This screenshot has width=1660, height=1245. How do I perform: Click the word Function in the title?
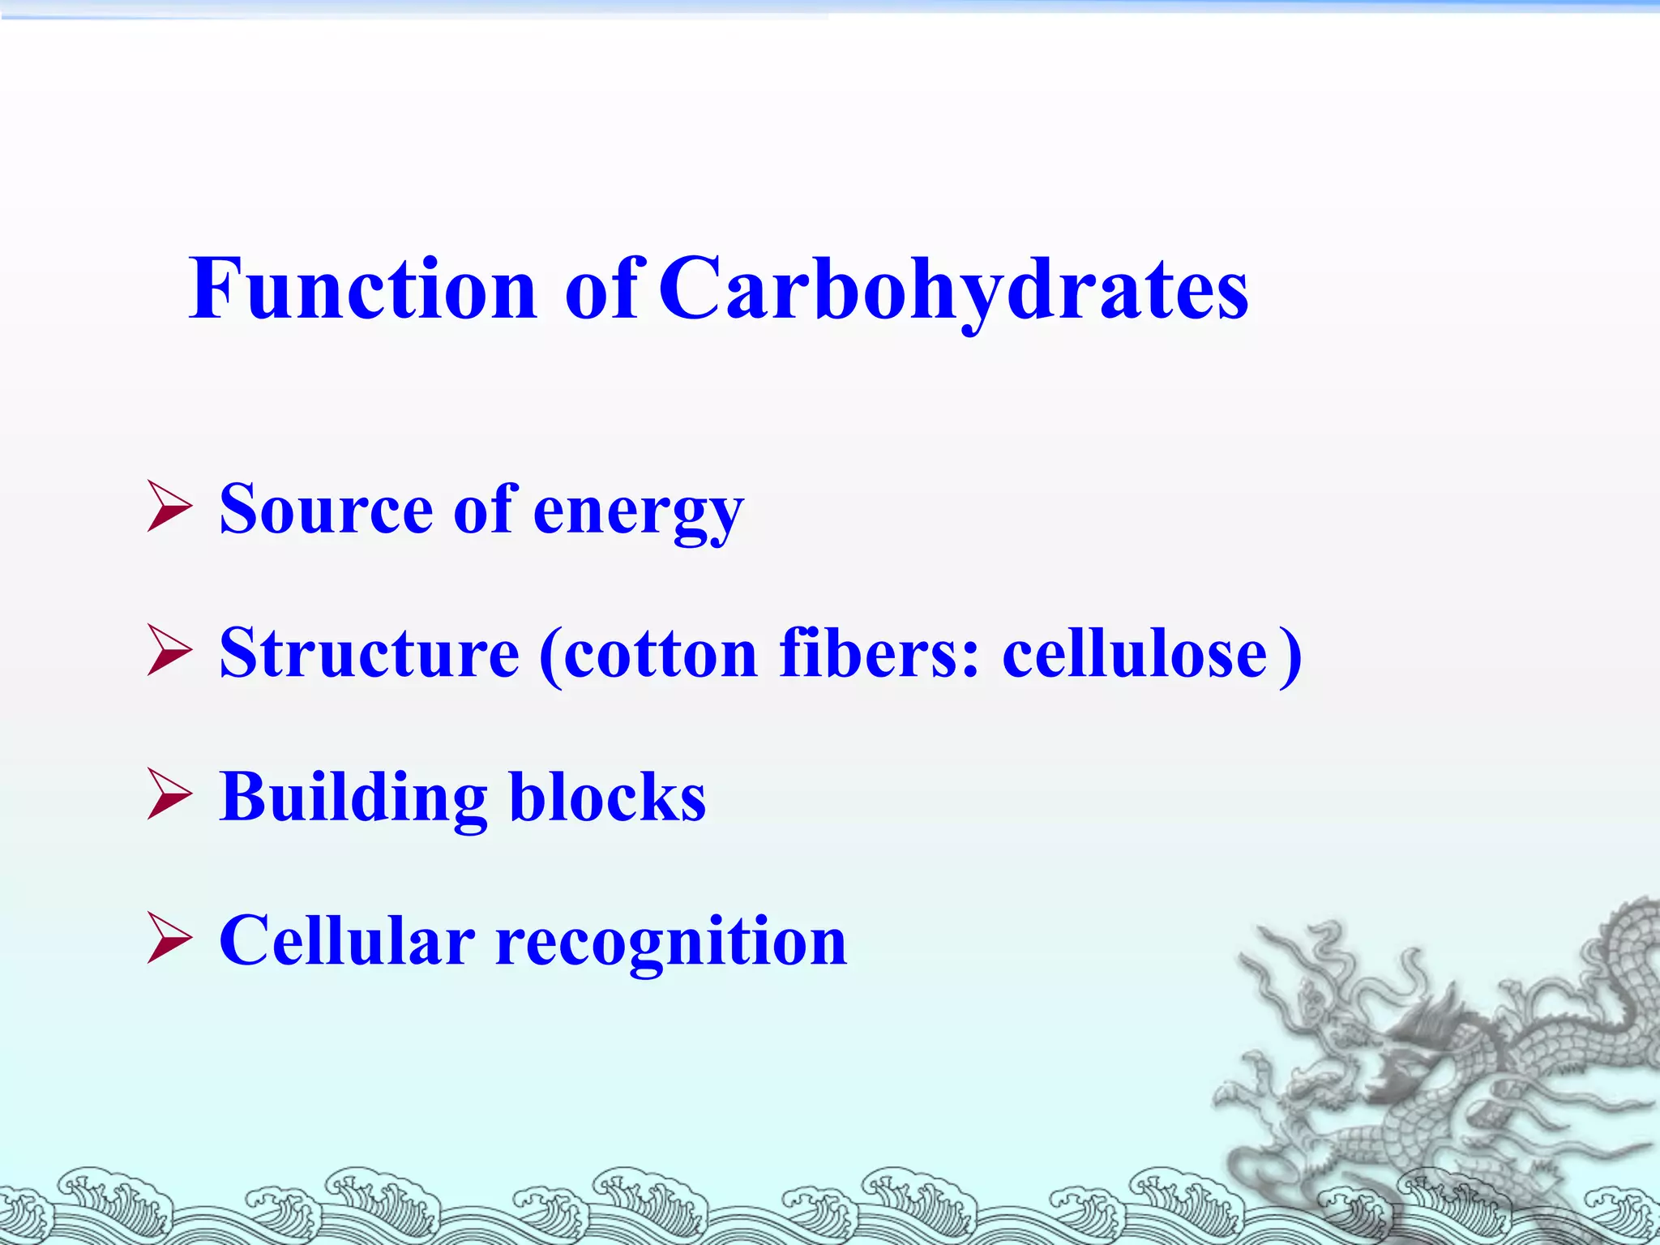[362, 289]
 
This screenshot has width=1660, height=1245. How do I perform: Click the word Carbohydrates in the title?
[953, 289]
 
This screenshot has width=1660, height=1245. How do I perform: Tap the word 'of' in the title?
[601, 289]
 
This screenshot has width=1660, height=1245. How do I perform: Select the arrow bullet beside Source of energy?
[169, 508]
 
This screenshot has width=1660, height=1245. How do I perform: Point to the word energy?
[638, 512]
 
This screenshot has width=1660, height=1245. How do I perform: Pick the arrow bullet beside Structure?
[169, 652]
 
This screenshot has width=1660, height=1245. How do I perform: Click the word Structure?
[369, 653]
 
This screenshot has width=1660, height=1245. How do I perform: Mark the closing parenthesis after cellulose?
[1290, 655]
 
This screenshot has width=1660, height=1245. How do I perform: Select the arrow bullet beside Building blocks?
[169, 797]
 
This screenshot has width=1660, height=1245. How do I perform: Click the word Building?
[353, 798]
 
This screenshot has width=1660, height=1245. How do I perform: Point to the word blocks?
[607, 798]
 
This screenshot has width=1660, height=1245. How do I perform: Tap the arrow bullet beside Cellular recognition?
[169, 941]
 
